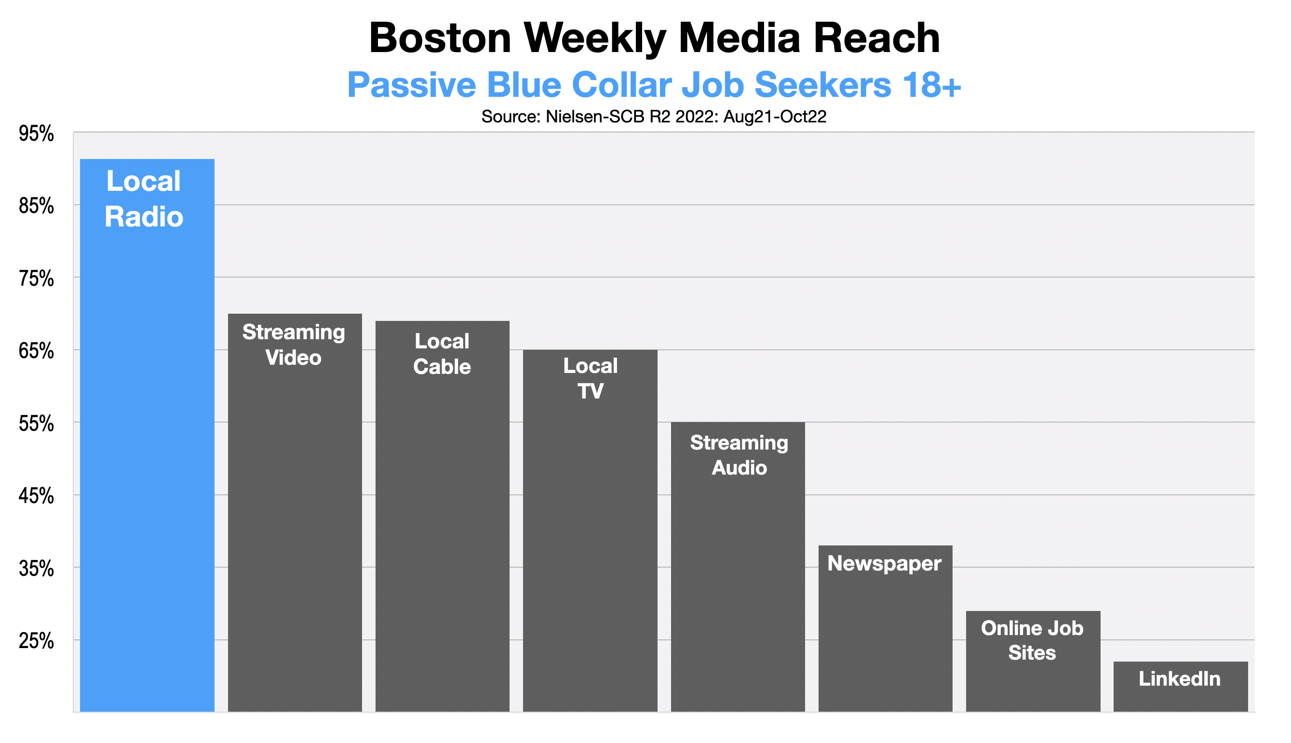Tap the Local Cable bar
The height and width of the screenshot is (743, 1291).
(x=442, y=516)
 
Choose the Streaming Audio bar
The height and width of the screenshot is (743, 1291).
(x=738, y=566)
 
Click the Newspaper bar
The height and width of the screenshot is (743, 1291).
(x=885, y=628)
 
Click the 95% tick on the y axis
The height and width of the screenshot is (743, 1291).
(x=36, y=134)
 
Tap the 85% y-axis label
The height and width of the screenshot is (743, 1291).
(x=36, y=207)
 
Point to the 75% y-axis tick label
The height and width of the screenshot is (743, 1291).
(x=36, y=279)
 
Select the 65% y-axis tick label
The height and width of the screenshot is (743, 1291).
(x=36, y=352)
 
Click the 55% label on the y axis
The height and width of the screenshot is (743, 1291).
(x=36, y=424)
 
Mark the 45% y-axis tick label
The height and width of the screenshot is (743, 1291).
(x=36, y=496)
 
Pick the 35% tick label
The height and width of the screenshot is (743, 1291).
(x=36, y=569)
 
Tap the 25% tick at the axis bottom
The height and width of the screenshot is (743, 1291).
(x=36, y=641)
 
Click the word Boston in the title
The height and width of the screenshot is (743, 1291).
(x=440, y=38)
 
